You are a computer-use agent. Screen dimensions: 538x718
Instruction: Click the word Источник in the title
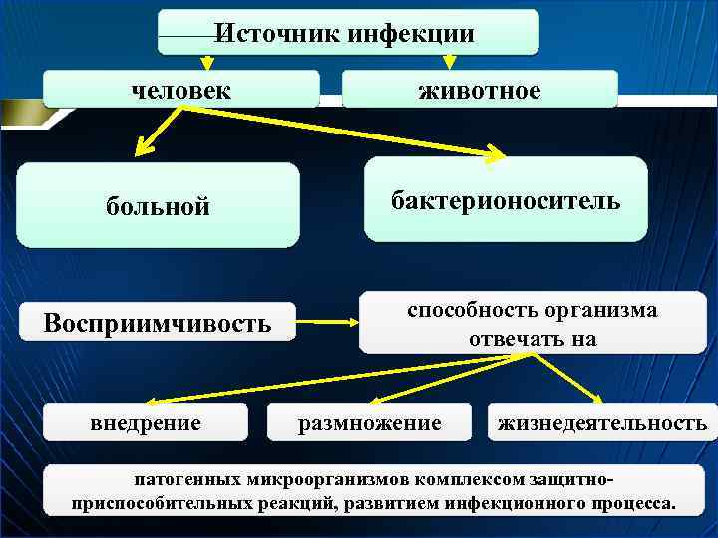278,33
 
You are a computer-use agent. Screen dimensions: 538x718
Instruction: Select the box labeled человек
180,90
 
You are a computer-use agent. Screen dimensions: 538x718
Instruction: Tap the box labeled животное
480,91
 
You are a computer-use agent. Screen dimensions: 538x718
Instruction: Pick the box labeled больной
158,206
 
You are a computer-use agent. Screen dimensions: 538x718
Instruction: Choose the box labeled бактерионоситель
506,201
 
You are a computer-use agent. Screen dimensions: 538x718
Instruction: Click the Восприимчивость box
158,323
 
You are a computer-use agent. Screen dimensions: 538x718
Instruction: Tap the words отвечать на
533,339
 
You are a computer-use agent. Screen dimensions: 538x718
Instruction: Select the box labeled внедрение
146,423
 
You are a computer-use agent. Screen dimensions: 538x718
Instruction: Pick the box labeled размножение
370,423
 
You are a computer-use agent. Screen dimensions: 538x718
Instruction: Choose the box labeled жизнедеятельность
602,423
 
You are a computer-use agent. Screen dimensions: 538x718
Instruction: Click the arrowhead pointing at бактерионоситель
496,153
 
